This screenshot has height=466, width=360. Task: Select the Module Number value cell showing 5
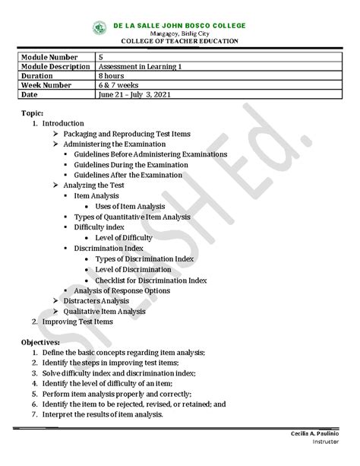[x=101, y=58]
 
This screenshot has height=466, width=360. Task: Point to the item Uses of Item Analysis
[x=132, y=206]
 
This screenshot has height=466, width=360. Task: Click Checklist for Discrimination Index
[x=151, y=280]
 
